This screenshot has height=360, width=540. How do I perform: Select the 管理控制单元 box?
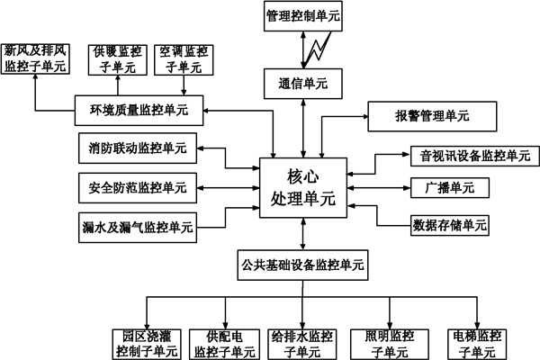point(302,16)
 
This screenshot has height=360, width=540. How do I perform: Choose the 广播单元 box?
point(450,188)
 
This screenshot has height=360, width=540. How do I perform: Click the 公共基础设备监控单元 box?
point(302,265)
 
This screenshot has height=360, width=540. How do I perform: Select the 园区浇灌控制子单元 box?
point(143,343)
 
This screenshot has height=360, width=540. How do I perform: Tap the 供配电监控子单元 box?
point(220,343)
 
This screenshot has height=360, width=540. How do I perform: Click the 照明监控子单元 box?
point(389,343)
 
